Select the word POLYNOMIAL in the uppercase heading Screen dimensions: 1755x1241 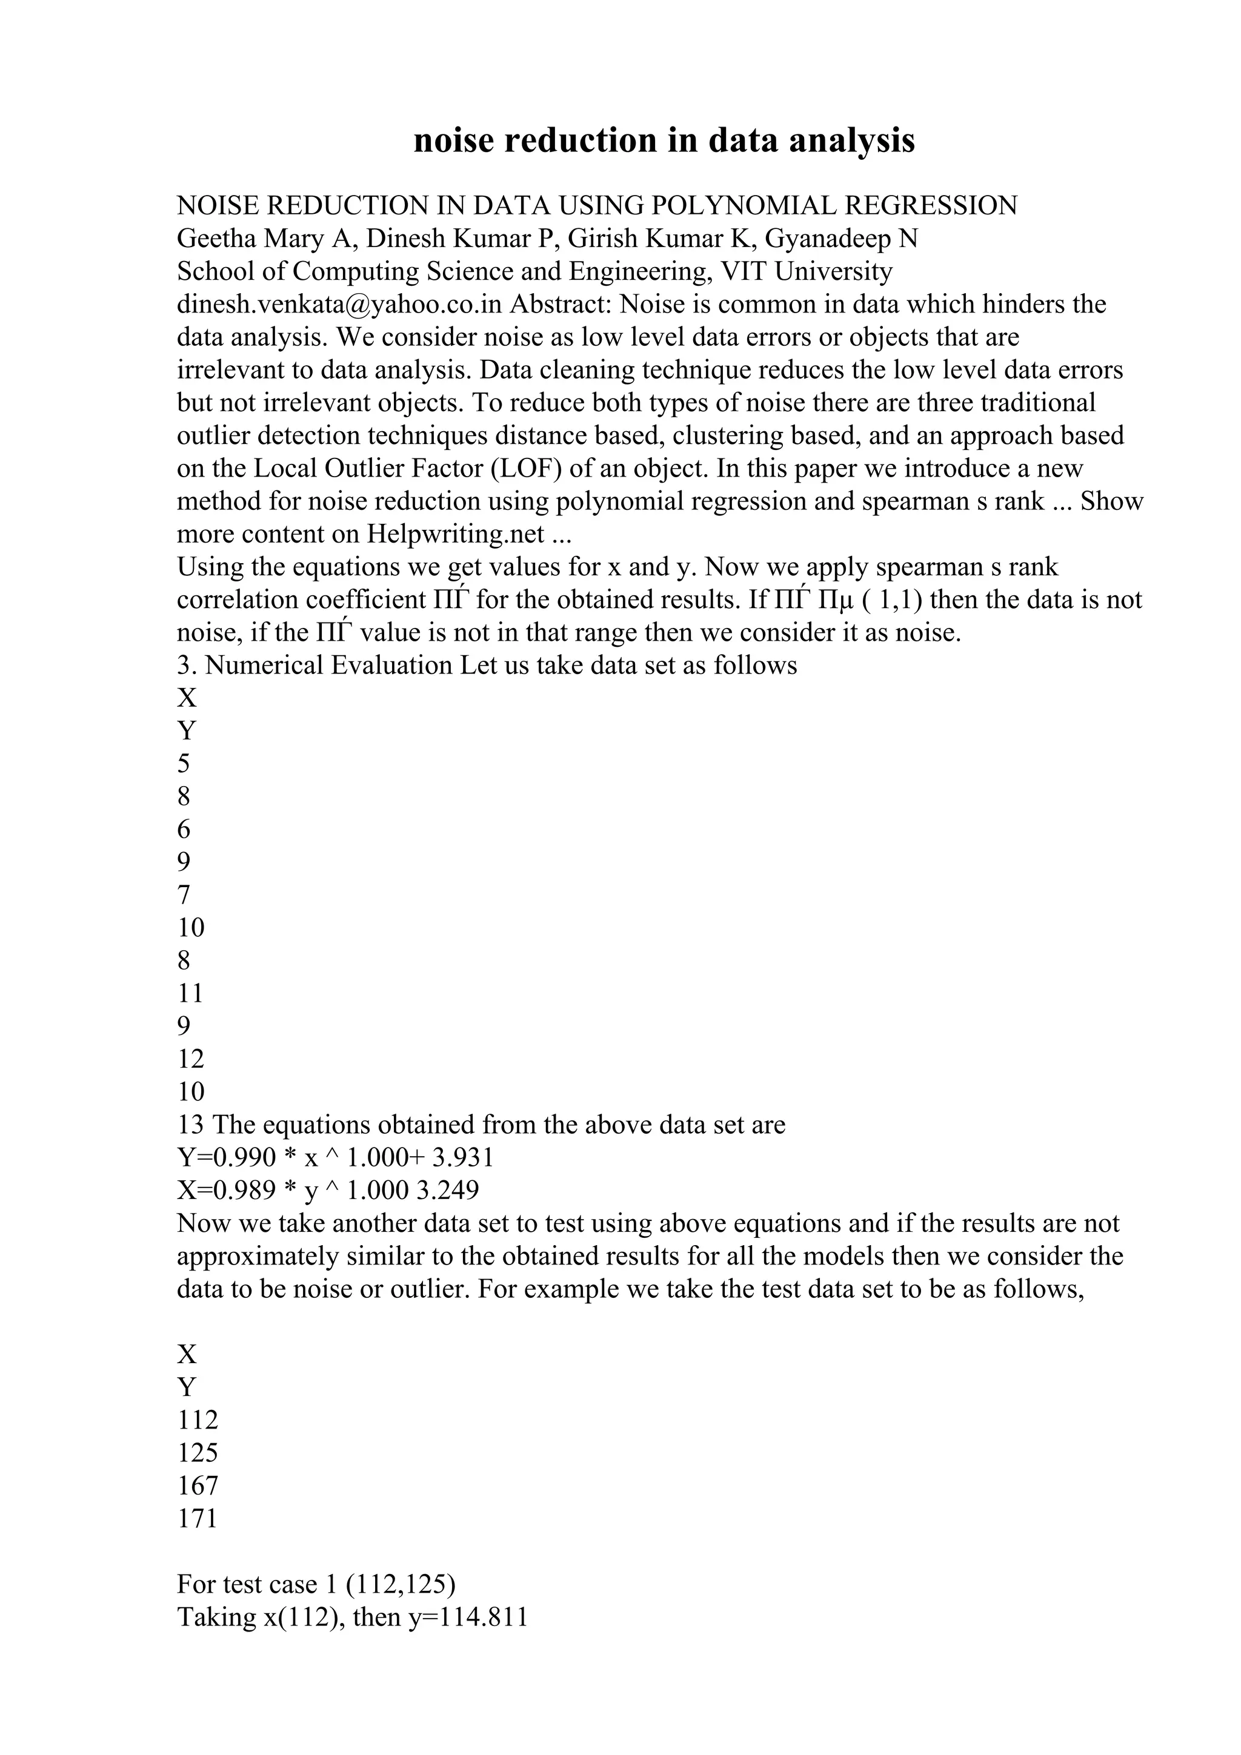click(744, 206)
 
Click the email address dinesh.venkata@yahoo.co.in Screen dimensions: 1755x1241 click(339, 304)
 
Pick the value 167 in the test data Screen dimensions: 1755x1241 click(198, 1485)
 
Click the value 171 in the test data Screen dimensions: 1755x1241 click(198, 1518)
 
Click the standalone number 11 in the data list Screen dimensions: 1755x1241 click(190, 993)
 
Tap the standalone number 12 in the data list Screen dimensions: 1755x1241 click(190, 1059)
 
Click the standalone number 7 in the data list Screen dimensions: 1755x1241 click(184, 894)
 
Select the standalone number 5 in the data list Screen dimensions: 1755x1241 click(184, 764)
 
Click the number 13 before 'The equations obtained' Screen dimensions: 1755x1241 click(190, 1125)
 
